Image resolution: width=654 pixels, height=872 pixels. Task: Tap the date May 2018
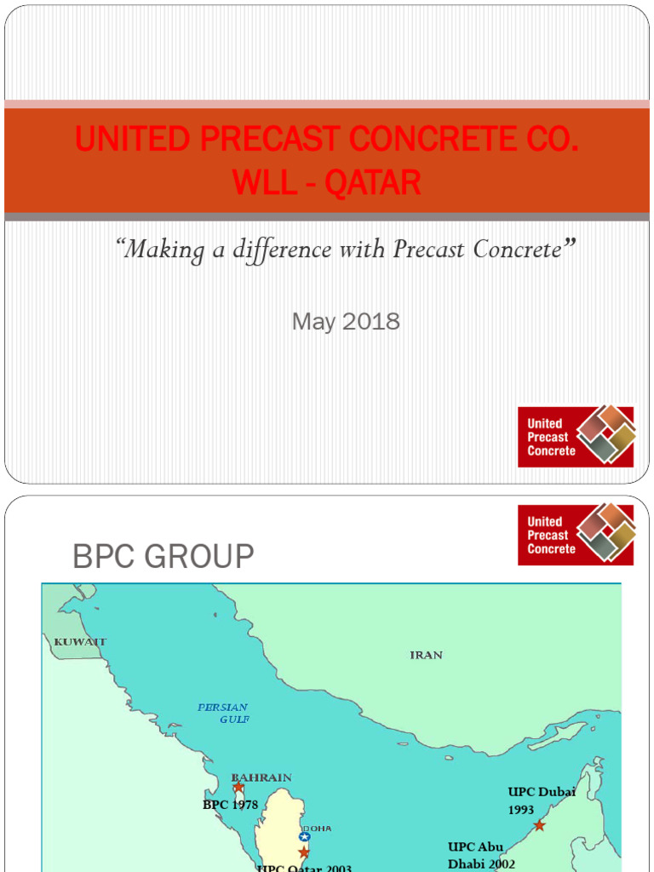pyautogui.click(x=346, y=321)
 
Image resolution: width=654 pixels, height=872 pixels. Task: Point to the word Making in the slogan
pyautogui.click(x=165, y=250)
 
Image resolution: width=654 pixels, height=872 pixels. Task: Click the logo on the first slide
pyautogui.click(x=576, y=436)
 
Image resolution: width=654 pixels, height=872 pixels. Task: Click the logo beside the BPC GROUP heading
pyautogui.click(x=576, y=534)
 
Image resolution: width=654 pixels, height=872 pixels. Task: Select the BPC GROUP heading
pyautogui.click(x=163, y=557)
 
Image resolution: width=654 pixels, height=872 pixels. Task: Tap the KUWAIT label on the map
pyautogui.click(x=80, y=641)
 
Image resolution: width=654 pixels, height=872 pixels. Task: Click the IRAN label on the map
pyautogui.click(x=426, y=655)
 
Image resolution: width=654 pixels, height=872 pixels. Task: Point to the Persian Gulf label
pyautogui.click(x=223, y=713)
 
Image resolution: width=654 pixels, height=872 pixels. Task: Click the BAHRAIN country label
pyautogui.click(x=261, y=777)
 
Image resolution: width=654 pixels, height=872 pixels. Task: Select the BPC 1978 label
pyautogui.click(x=230, y=805)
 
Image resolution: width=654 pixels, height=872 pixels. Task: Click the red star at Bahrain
pyautogui.click(x=238, y=788)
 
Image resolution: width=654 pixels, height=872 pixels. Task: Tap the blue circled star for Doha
pyautogui.click(x=304, y=837)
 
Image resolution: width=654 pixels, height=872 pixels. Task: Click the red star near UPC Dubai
pyautogui.click(x=539, y=825)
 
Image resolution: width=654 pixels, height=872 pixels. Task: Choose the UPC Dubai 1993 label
pyautogui.click(x=542, y=800)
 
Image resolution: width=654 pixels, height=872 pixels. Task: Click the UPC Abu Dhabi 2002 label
pyautogui.click(x=481, y=855)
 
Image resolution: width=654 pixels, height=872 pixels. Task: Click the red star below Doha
pyautogui.click(x=304, y=852)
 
